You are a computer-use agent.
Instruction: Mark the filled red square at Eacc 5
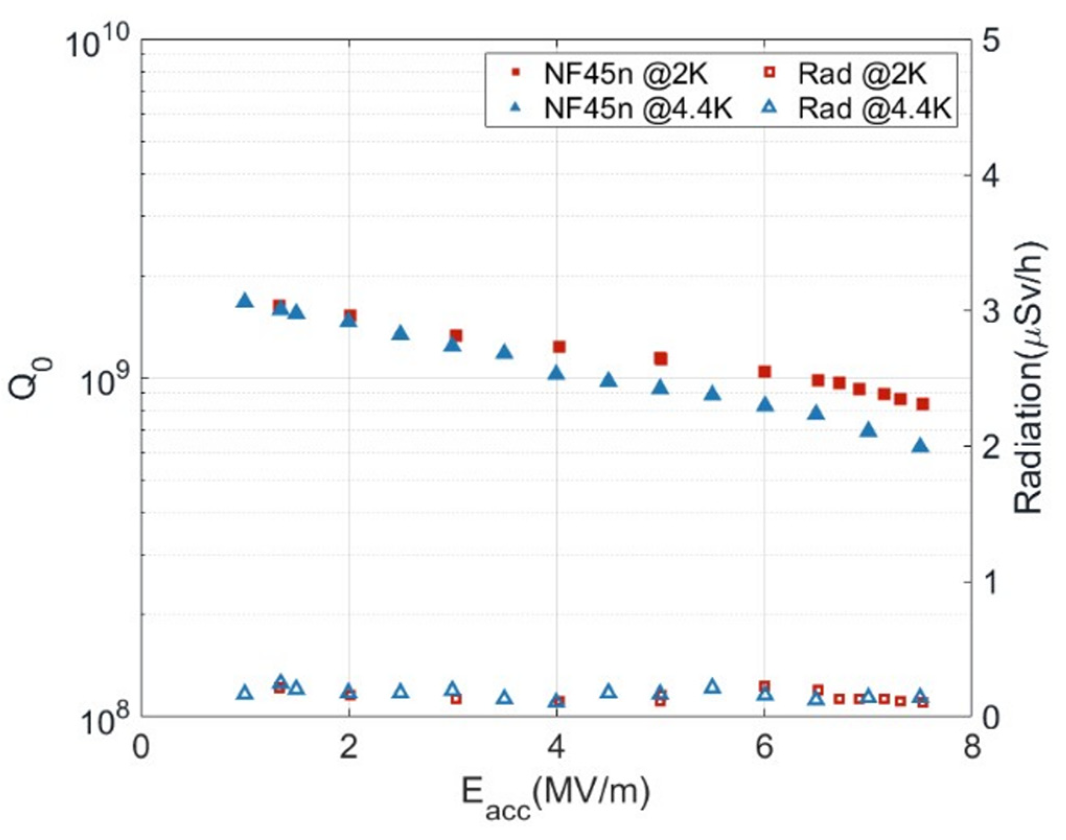(x=661, y=358)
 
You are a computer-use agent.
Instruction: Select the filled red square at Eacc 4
(x=559, y=347)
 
